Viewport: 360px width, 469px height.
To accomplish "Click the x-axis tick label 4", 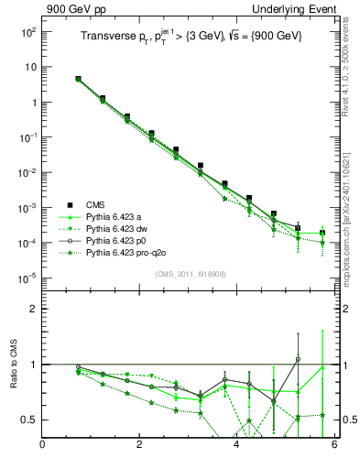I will pos(237,446).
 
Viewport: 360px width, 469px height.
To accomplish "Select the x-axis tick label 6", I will pos(334,446).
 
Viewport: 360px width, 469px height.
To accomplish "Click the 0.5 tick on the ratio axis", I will pos(27,420).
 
